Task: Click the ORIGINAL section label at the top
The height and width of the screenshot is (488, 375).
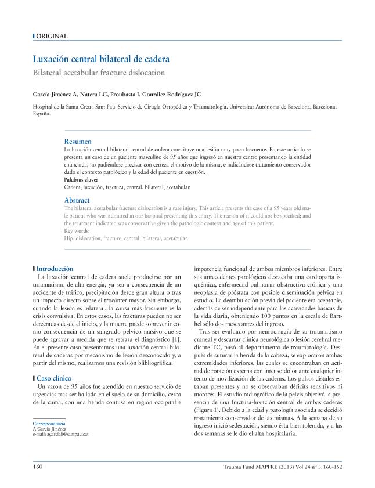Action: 52,36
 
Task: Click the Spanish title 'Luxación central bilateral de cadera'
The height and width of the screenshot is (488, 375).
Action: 100,59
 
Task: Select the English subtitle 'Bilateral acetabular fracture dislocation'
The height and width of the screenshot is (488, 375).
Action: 99,73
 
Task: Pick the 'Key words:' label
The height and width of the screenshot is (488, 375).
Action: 77,231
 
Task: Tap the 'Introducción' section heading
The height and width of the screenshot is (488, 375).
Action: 55,269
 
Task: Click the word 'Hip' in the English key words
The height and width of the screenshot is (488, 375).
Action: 68,238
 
